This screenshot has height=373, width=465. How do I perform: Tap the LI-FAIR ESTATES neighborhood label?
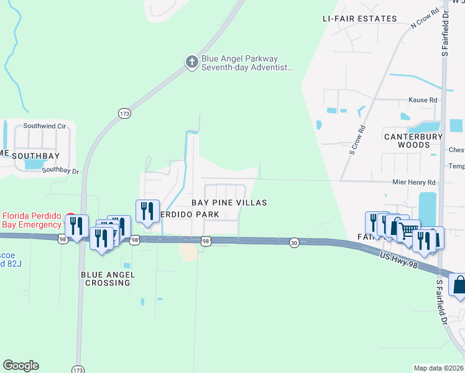point(360,19)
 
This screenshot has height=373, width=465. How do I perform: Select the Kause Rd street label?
point(423,99)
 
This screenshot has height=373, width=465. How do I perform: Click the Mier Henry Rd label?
point(414,183)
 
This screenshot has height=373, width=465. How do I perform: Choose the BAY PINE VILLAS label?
point(229,203)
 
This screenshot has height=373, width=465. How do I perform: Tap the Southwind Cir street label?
point(44,126)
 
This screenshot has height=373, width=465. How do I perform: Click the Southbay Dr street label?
point(61,170)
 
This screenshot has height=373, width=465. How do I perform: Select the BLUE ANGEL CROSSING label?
point(106,278)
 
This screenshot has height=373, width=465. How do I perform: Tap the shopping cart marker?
point(408,231)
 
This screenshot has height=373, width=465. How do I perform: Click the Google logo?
point(21,366)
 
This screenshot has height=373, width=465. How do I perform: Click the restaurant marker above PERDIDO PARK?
point(148,211)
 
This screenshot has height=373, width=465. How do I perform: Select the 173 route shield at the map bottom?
point(77,369)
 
